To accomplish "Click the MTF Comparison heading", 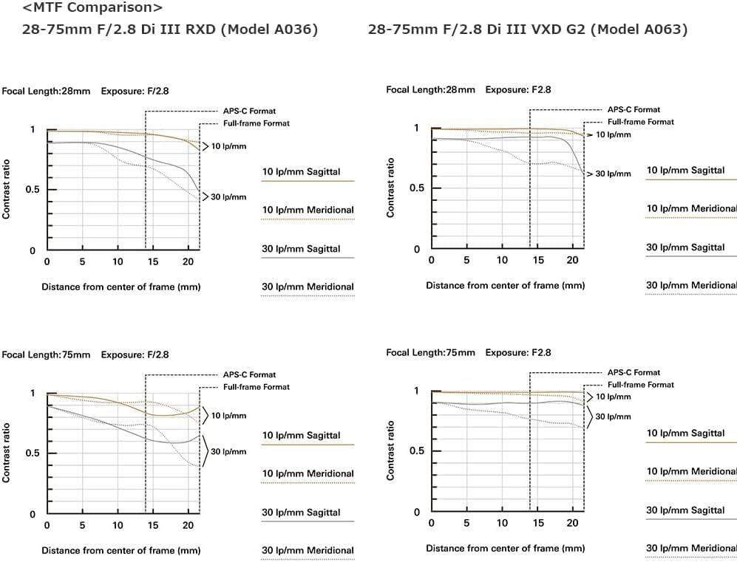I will click(93, 9).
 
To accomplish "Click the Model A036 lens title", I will click(171, 30).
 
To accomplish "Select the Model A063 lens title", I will click(527, 30).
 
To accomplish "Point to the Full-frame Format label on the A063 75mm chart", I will click(640, 385).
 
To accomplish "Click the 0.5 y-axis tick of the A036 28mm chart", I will click(31, 190).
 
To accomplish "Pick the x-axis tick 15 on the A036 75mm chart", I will click(153, 525).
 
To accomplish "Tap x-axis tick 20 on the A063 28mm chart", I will click(572, 260).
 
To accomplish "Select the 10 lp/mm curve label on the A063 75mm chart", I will click(613, 397).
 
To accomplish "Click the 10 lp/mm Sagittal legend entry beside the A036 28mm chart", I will click(301, 172).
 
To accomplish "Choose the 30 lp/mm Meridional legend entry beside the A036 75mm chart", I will click(308, 550).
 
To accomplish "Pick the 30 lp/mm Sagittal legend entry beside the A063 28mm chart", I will click(685, 247).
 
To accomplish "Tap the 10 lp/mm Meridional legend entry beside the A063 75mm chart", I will click(691, 472).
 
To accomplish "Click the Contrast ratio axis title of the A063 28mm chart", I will click(390, 188).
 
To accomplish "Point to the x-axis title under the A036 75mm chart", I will click(120, 550).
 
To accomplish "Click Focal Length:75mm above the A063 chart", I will click(430, 353).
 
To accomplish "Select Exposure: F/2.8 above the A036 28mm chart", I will click(135, 92).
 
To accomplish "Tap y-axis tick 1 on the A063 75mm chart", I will click(416, 391).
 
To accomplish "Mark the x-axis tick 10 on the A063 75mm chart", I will click(503, 524).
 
